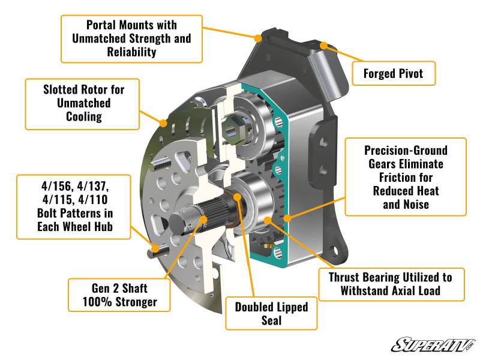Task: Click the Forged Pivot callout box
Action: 393,74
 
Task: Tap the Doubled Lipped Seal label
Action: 271,314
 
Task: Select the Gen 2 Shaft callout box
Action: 120,294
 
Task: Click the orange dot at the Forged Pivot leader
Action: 324,45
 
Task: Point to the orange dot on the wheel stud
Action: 157,248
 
